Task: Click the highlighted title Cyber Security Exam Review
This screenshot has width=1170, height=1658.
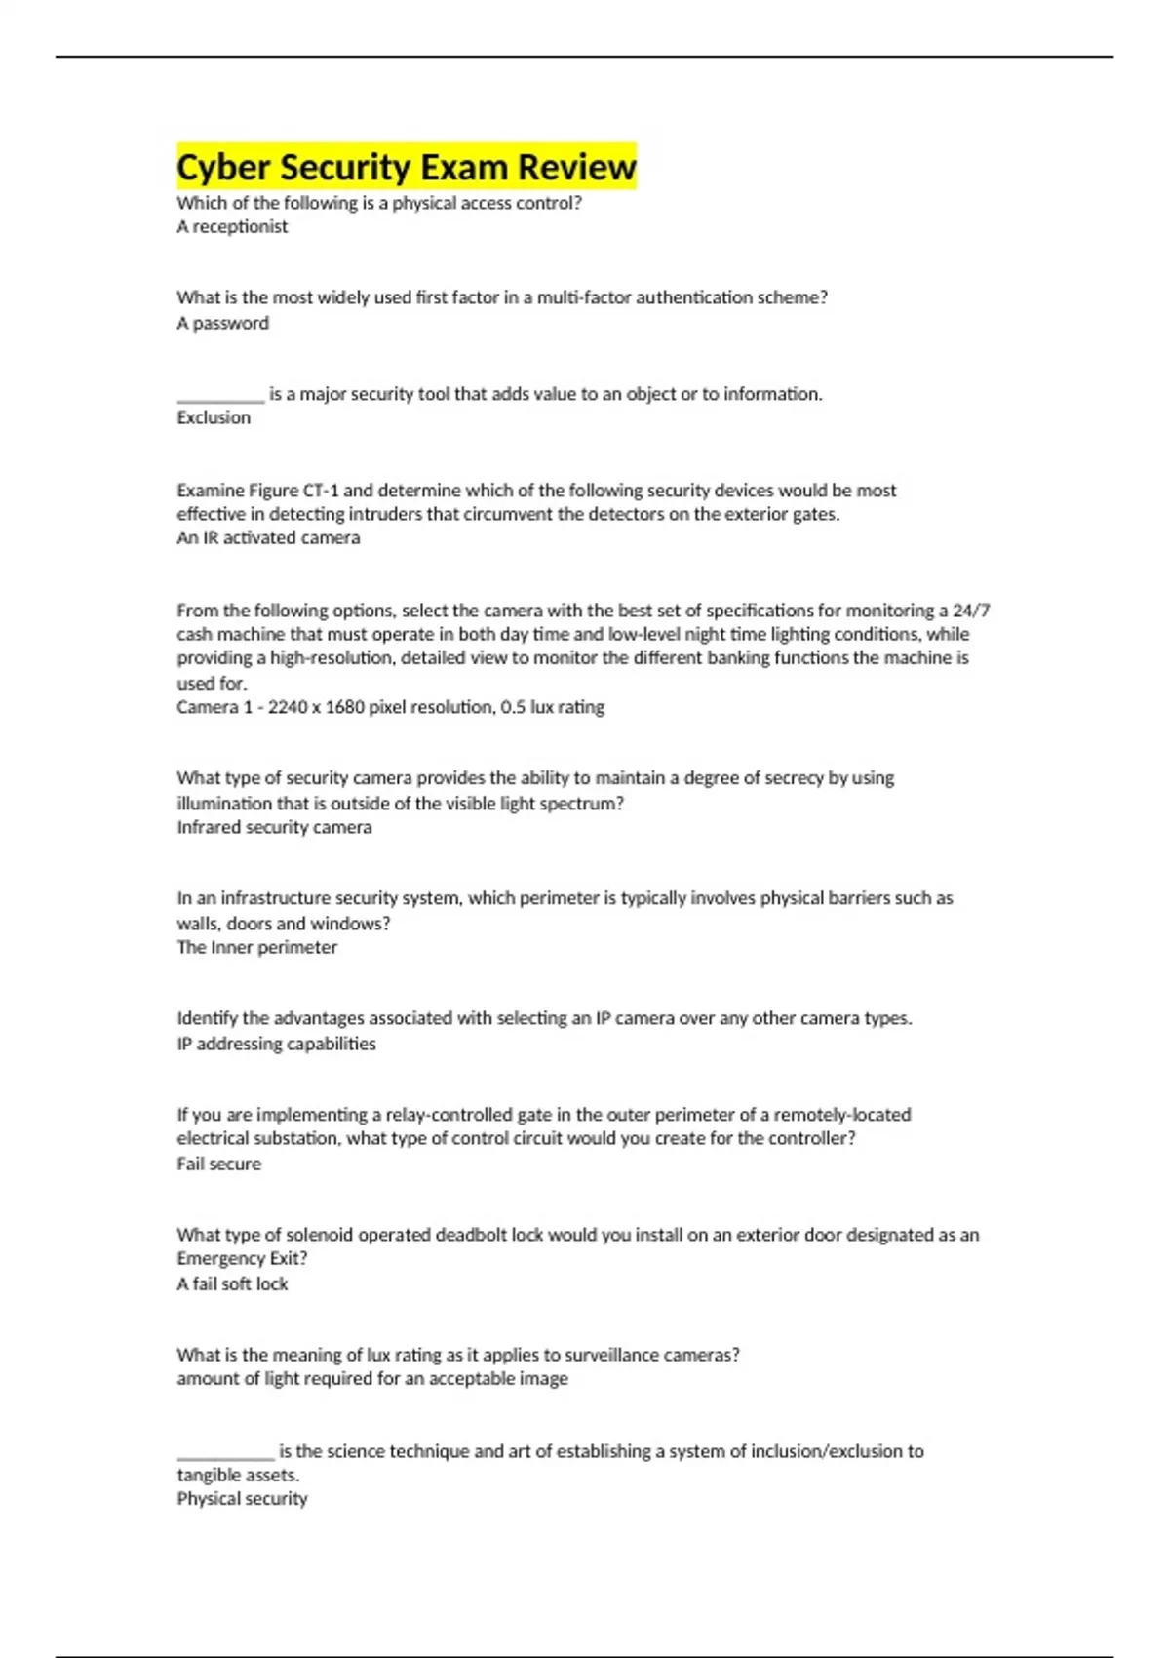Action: pos(406,167)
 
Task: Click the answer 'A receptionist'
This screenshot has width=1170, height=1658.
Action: pos(232,226)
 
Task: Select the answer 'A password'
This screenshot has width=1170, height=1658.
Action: pos(222,323)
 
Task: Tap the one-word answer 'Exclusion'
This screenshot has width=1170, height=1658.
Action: pos(214,417)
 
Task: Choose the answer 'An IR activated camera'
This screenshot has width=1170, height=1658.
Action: pos(268,537)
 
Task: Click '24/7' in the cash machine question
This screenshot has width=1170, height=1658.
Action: pos(971,611)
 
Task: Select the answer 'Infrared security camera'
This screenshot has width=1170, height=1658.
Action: pos(274,827)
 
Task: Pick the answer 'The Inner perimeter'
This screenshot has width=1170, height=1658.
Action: pos(256,947)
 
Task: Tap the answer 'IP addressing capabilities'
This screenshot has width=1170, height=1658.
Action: pos(276,1044)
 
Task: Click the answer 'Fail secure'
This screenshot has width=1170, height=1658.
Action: pos(218,1164)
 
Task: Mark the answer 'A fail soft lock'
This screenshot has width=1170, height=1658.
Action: pos(232,1283)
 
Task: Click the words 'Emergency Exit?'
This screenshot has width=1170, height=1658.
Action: pos(242,1258)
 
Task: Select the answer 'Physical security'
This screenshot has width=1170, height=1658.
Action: pos(242,1498)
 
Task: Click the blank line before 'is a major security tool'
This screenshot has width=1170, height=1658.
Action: pos(220,398)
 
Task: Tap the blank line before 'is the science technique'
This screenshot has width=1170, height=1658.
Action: pos(225,1455)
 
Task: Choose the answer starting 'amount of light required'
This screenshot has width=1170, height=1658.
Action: pos(372,1378)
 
